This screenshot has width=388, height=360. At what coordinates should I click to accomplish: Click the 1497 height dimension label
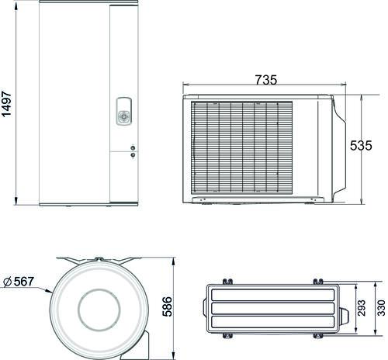[x=6, y=104]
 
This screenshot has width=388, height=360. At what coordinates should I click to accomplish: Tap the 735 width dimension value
[x=266, y=80]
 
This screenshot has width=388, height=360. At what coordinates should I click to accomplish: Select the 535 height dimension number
[x=361, y=146]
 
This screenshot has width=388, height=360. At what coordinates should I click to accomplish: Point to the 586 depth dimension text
[x=167, y=306]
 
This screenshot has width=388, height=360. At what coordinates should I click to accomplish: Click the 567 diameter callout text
[x=24, y=282]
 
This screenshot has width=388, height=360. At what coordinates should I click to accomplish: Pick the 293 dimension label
[x=362, y=308]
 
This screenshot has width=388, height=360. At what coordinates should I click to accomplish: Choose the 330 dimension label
[x=381, y=308]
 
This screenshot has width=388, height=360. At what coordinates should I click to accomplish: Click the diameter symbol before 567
[x=8, y=282]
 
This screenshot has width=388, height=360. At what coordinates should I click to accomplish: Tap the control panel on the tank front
[x=123, y=111]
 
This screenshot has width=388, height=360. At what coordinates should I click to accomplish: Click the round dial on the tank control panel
[x=124, y=116]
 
